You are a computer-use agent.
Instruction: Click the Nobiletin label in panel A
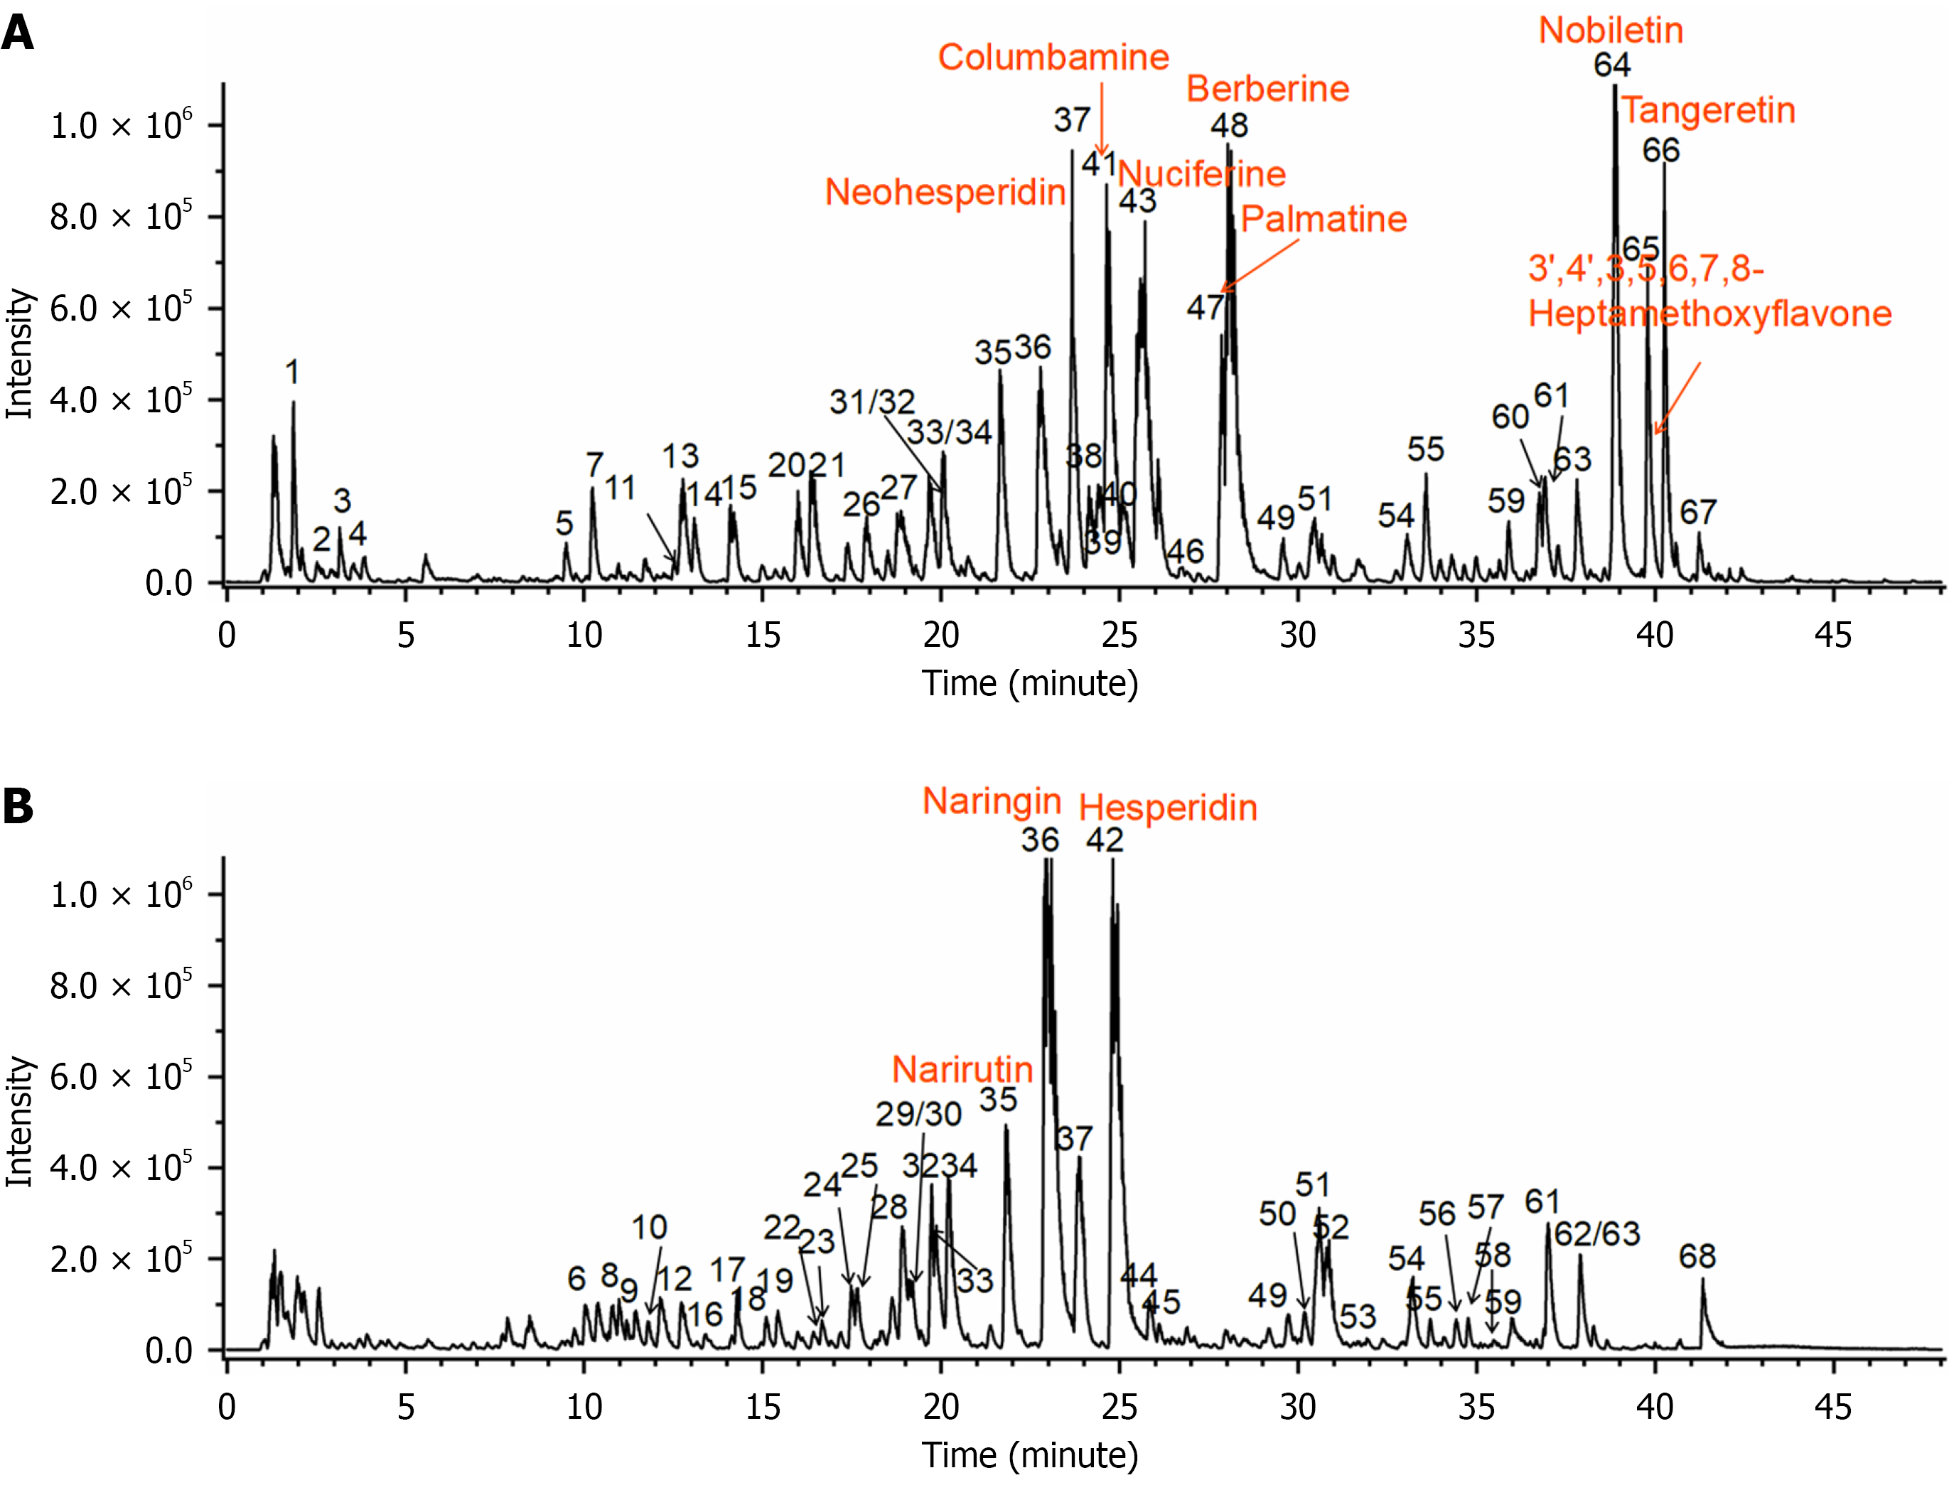click(1610, 31)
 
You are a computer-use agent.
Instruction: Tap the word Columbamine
click(1053, 58)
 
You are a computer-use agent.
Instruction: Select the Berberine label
click(1267, 89)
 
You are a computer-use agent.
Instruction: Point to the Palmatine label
click(1323, 219)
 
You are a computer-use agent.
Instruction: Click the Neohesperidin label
click(945, 193)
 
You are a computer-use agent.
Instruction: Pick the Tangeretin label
click(1709, 111)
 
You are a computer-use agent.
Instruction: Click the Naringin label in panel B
click(992, 801)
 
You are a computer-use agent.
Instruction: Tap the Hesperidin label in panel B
click(1168, 808)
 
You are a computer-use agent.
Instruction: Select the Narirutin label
click(962, 1070)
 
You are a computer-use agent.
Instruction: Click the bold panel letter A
click(18, 33)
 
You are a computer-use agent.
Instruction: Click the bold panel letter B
click(18, 806)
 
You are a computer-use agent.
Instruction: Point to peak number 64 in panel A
click(1611, 65)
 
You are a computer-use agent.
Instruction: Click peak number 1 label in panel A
click(291, 372)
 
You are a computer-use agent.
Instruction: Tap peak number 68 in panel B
click(1696, 1256)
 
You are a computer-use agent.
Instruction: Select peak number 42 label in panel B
click(1105, 840)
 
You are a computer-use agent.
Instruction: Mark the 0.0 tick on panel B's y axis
click(168, 1351)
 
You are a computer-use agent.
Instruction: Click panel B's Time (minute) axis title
click(1029, 1455)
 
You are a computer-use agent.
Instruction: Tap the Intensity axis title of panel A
click(19, 353)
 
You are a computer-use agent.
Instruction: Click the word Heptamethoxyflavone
click(1709, 315)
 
